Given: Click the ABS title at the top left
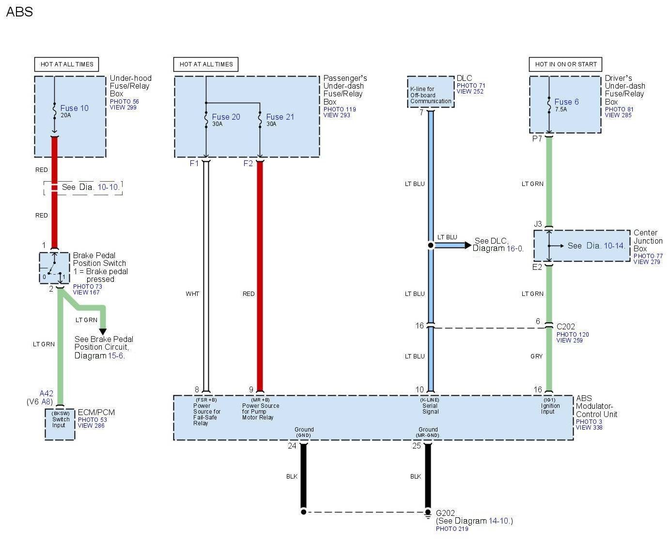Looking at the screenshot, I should tap(19, 12).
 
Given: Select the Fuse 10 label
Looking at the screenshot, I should tap(74, 108).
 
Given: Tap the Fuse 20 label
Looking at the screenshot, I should tap(226, 117).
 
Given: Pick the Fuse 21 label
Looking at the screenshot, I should tap(280, 117).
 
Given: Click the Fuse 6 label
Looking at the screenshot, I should tap(566, 102).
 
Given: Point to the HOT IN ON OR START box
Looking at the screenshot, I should tap(565, 64).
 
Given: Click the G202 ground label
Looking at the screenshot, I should tap(445, 513).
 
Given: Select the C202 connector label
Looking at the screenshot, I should tap(565, 326).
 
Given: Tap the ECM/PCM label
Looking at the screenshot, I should tap(96, 412).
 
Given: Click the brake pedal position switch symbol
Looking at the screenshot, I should tap(54, 267).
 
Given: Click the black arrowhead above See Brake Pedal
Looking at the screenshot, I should tap(103, 332).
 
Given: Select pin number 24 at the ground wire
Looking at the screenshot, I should tap(292, 446).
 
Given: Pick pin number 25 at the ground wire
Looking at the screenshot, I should tap(416, 446).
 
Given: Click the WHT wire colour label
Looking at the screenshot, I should tap(192, 294).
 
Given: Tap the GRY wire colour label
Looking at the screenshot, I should tap(536, 356).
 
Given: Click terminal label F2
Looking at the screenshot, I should tap(248, 163).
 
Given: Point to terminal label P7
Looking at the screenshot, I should tap(537, 139).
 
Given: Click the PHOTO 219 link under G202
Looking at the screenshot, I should tap(452, 528).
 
